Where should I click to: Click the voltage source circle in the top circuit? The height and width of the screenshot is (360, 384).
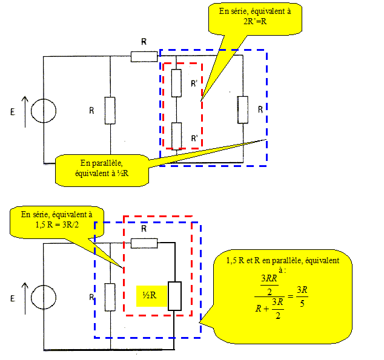point(44,110)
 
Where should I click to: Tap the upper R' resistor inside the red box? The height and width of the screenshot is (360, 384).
point(176,83)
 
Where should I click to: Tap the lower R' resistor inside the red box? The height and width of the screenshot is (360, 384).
point(176,135)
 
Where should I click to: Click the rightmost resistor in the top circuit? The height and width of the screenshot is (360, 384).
point(243,110)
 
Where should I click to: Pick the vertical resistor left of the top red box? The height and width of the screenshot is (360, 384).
point(110,110)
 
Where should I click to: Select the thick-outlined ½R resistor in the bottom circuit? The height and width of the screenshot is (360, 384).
point(174,296)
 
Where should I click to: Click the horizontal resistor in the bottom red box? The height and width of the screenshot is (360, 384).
point(144,243)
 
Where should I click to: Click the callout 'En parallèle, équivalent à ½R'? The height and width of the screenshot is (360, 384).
point(101,169)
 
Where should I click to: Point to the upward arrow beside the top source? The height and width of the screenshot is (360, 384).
point(25,110)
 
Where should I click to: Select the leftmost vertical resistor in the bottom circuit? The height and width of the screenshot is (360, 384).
point(110,296)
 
